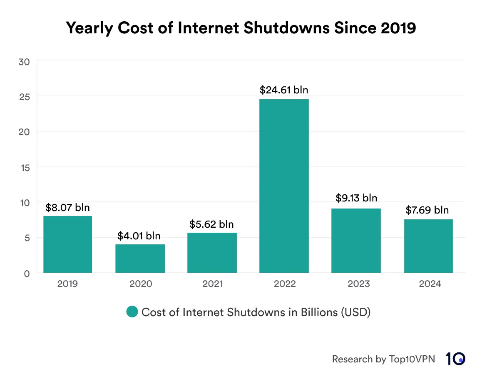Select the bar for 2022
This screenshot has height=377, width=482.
pos(284,186)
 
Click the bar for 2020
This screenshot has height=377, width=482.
pos(140,259)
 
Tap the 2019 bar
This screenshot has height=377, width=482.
pos(68,244)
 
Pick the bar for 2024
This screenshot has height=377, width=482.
pos(428,246)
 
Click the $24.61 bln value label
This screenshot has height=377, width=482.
pos(284,90)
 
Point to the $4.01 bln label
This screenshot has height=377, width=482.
pos(139,236)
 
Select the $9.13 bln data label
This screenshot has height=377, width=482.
pos(356,198)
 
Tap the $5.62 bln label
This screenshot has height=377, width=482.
pos(211,224)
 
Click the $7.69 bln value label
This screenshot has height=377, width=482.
pos(427,210)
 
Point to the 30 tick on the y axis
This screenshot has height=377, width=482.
pos(24,62)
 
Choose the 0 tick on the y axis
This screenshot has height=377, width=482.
pos(27,274)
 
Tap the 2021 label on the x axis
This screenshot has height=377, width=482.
pos(213,284)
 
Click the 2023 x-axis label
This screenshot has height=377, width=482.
pos(358,284)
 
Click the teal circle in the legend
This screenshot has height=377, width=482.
pos(132,312)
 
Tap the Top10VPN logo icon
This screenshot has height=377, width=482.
pos(455,359)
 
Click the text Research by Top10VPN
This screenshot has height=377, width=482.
pos(383,359)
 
